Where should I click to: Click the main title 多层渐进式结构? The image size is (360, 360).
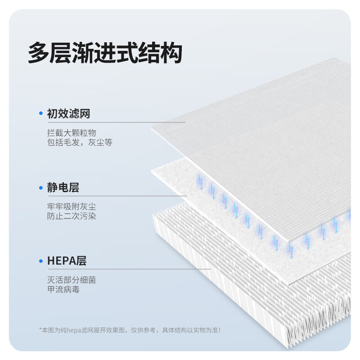[x=105, y=53]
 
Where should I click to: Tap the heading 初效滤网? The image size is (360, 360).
[x=68, y=113]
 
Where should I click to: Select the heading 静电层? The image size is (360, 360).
[x=63, y=187]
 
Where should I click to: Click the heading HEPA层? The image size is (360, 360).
[x=67, y=261]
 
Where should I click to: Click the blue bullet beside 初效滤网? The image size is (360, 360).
[x=41, y=113]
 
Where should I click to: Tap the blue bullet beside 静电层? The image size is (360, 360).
[x=41, y=188]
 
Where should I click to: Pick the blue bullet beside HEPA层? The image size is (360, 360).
[x=41, y=261]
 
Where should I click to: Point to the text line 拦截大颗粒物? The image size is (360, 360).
[x=72, y=133]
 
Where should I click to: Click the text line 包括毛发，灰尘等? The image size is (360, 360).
[x=80, y=142]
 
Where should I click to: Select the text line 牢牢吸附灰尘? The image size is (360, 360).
[x=72, y=207]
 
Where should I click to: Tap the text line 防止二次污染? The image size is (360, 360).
[x=72, y=216]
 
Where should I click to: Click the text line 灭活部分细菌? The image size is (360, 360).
[x=72, y=280]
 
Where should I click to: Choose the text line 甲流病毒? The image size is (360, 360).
[x=63, y=289]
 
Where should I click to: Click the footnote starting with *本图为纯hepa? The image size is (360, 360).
[x=130, y=330]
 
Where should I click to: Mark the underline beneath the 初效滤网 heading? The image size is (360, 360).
[x=117, y=122]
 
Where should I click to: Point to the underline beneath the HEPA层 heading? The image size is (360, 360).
[x=129, y=269]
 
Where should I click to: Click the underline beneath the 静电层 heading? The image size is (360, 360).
[x=117, y=196]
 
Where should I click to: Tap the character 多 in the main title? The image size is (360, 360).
[x=38, y=53]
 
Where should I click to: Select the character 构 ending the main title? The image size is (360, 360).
[x=171, y=53]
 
